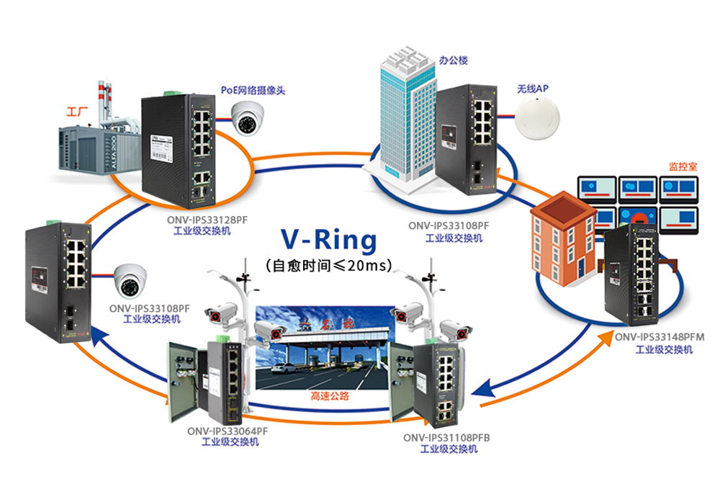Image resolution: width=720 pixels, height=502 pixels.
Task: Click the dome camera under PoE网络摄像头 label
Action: click(x=249, y=117)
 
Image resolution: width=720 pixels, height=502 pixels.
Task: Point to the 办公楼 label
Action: click(x=454, y=60)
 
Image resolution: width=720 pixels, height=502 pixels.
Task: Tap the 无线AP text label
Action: click(x=533, y=89)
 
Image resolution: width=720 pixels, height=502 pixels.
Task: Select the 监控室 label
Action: click(x=680, y=165)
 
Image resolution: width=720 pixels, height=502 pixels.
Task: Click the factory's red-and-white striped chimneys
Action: click(x=104, y=102)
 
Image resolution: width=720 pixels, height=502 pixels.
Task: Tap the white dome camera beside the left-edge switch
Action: click(x=133, y=280)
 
